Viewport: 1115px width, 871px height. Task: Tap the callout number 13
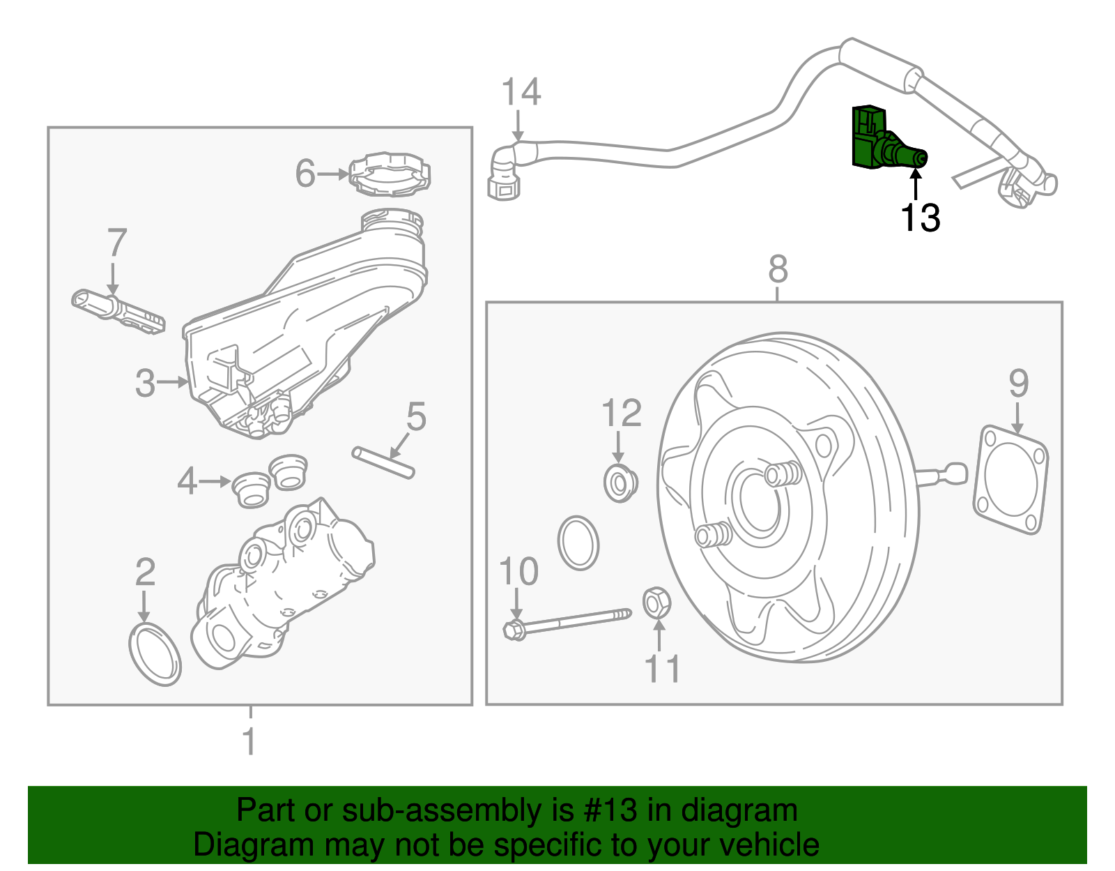point(920,218)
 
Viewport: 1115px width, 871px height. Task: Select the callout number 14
point(521,92)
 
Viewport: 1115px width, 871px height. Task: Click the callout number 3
point(145,383)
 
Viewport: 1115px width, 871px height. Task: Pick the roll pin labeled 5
point(383,463)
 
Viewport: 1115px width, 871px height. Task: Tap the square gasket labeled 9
point(1011,480)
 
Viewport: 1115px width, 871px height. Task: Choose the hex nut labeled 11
point(656,603)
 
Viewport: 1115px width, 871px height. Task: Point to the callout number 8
point(778,268)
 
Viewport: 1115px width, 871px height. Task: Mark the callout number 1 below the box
point(249,742)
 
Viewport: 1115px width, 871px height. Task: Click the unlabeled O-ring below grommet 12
point(578,543)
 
